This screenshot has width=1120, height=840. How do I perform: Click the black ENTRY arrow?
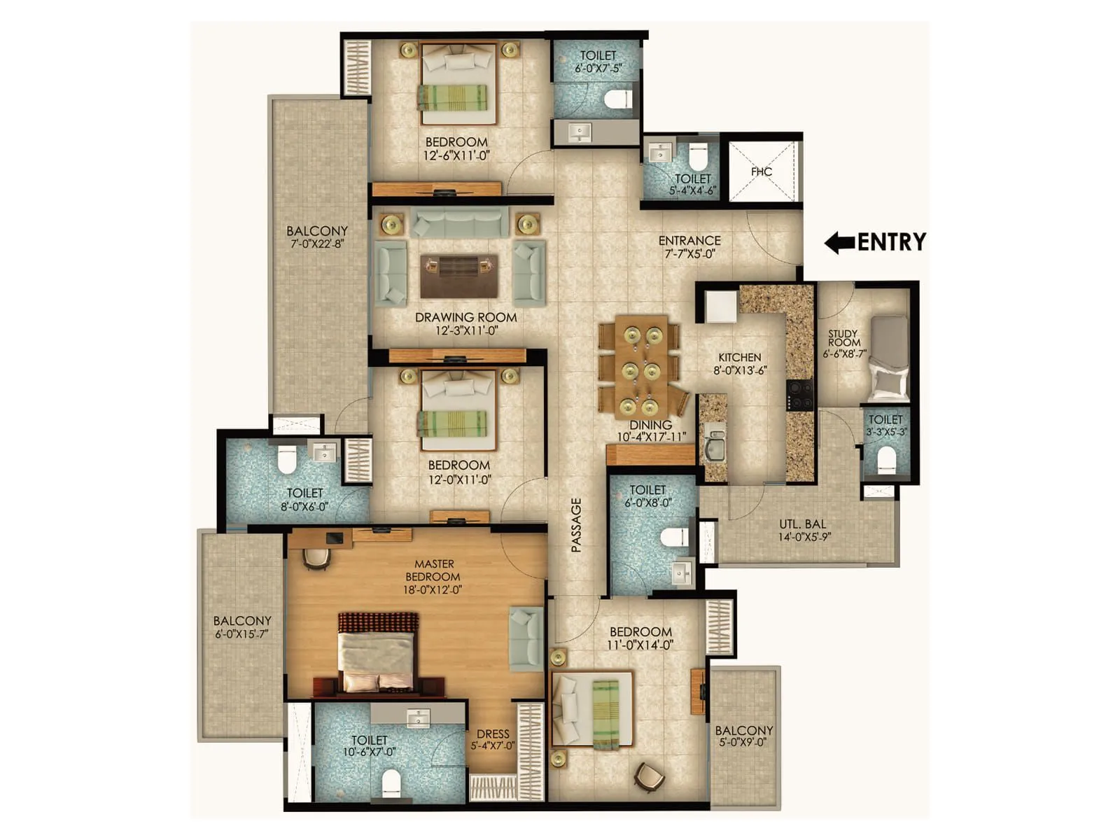pos(839,243)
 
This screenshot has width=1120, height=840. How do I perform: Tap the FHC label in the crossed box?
pos(762,171)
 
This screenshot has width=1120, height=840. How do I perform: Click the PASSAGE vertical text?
pos(577,525)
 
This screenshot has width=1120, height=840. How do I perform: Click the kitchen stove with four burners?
pos(800,395)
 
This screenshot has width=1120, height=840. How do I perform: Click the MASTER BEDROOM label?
pos(433,576)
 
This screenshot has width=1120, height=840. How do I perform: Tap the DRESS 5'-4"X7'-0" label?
pos(493,739)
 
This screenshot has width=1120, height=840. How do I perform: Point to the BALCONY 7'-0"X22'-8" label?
pos(316,237)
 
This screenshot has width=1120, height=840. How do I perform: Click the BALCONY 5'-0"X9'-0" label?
pos(743,736)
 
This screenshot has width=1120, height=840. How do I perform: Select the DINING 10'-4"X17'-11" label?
pos(651,430)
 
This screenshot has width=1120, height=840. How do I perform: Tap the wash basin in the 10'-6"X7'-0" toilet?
pos(419,717)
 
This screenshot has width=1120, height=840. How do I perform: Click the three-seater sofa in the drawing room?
pos(460,221)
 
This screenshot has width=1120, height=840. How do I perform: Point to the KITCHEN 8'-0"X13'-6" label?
pos(740,363)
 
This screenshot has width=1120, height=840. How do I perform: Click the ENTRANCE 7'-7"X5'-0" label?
pos(689,247)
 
